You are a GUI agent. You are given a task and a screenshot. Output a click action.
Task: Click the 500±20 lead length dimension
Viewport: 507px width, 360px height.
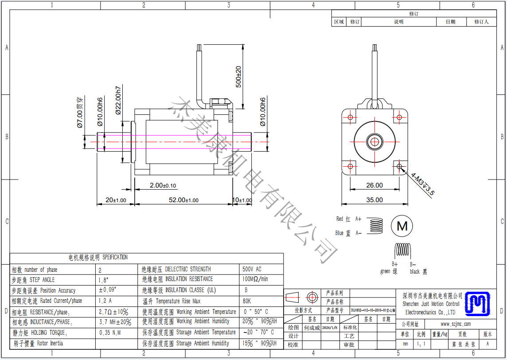pyautogui.click(x=238, y=77)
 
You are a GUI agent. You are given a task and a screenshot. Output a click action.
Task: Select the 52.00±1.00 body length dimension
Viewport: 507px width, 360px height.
pyautogui.click(x=183, y=200)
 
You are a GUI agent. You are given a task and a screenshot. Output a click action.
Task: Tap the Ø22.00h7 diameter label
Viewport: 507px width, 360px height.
pyautogui.click(x=118, y=100)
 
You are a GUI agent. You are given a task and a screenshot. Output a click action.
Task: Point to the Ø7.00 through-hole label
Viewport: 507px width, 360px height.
pyautogui.click(x=80, y=113)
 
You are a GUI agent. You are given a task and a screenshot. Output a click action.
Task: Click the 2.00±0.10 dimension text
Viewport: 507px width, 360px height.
pyautogui.click(x=163, y=185)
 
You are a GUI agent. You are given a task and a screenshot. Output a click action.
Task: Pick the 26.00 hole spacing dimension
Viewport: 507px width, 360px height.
pyautogui.click(x=374, y=185)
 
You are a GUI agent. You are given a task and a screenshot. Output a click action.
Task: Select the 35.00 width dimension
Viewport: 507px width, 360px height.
pyautogui.click(x=374, y=200)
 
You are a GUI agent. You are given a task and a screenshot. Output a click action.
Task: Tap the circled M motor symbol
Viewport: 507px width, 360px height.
pyautogui.click(x=402, y=226)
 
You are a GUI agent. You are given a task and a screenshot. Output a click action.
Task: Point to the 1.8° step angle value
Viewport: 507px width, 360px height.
pyautogui.click(x=103, y=280)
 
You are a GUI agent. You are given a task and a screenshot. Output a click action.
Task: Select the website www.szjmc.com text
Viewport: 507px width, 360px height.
pyautogui.click(x=456, y=324)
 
